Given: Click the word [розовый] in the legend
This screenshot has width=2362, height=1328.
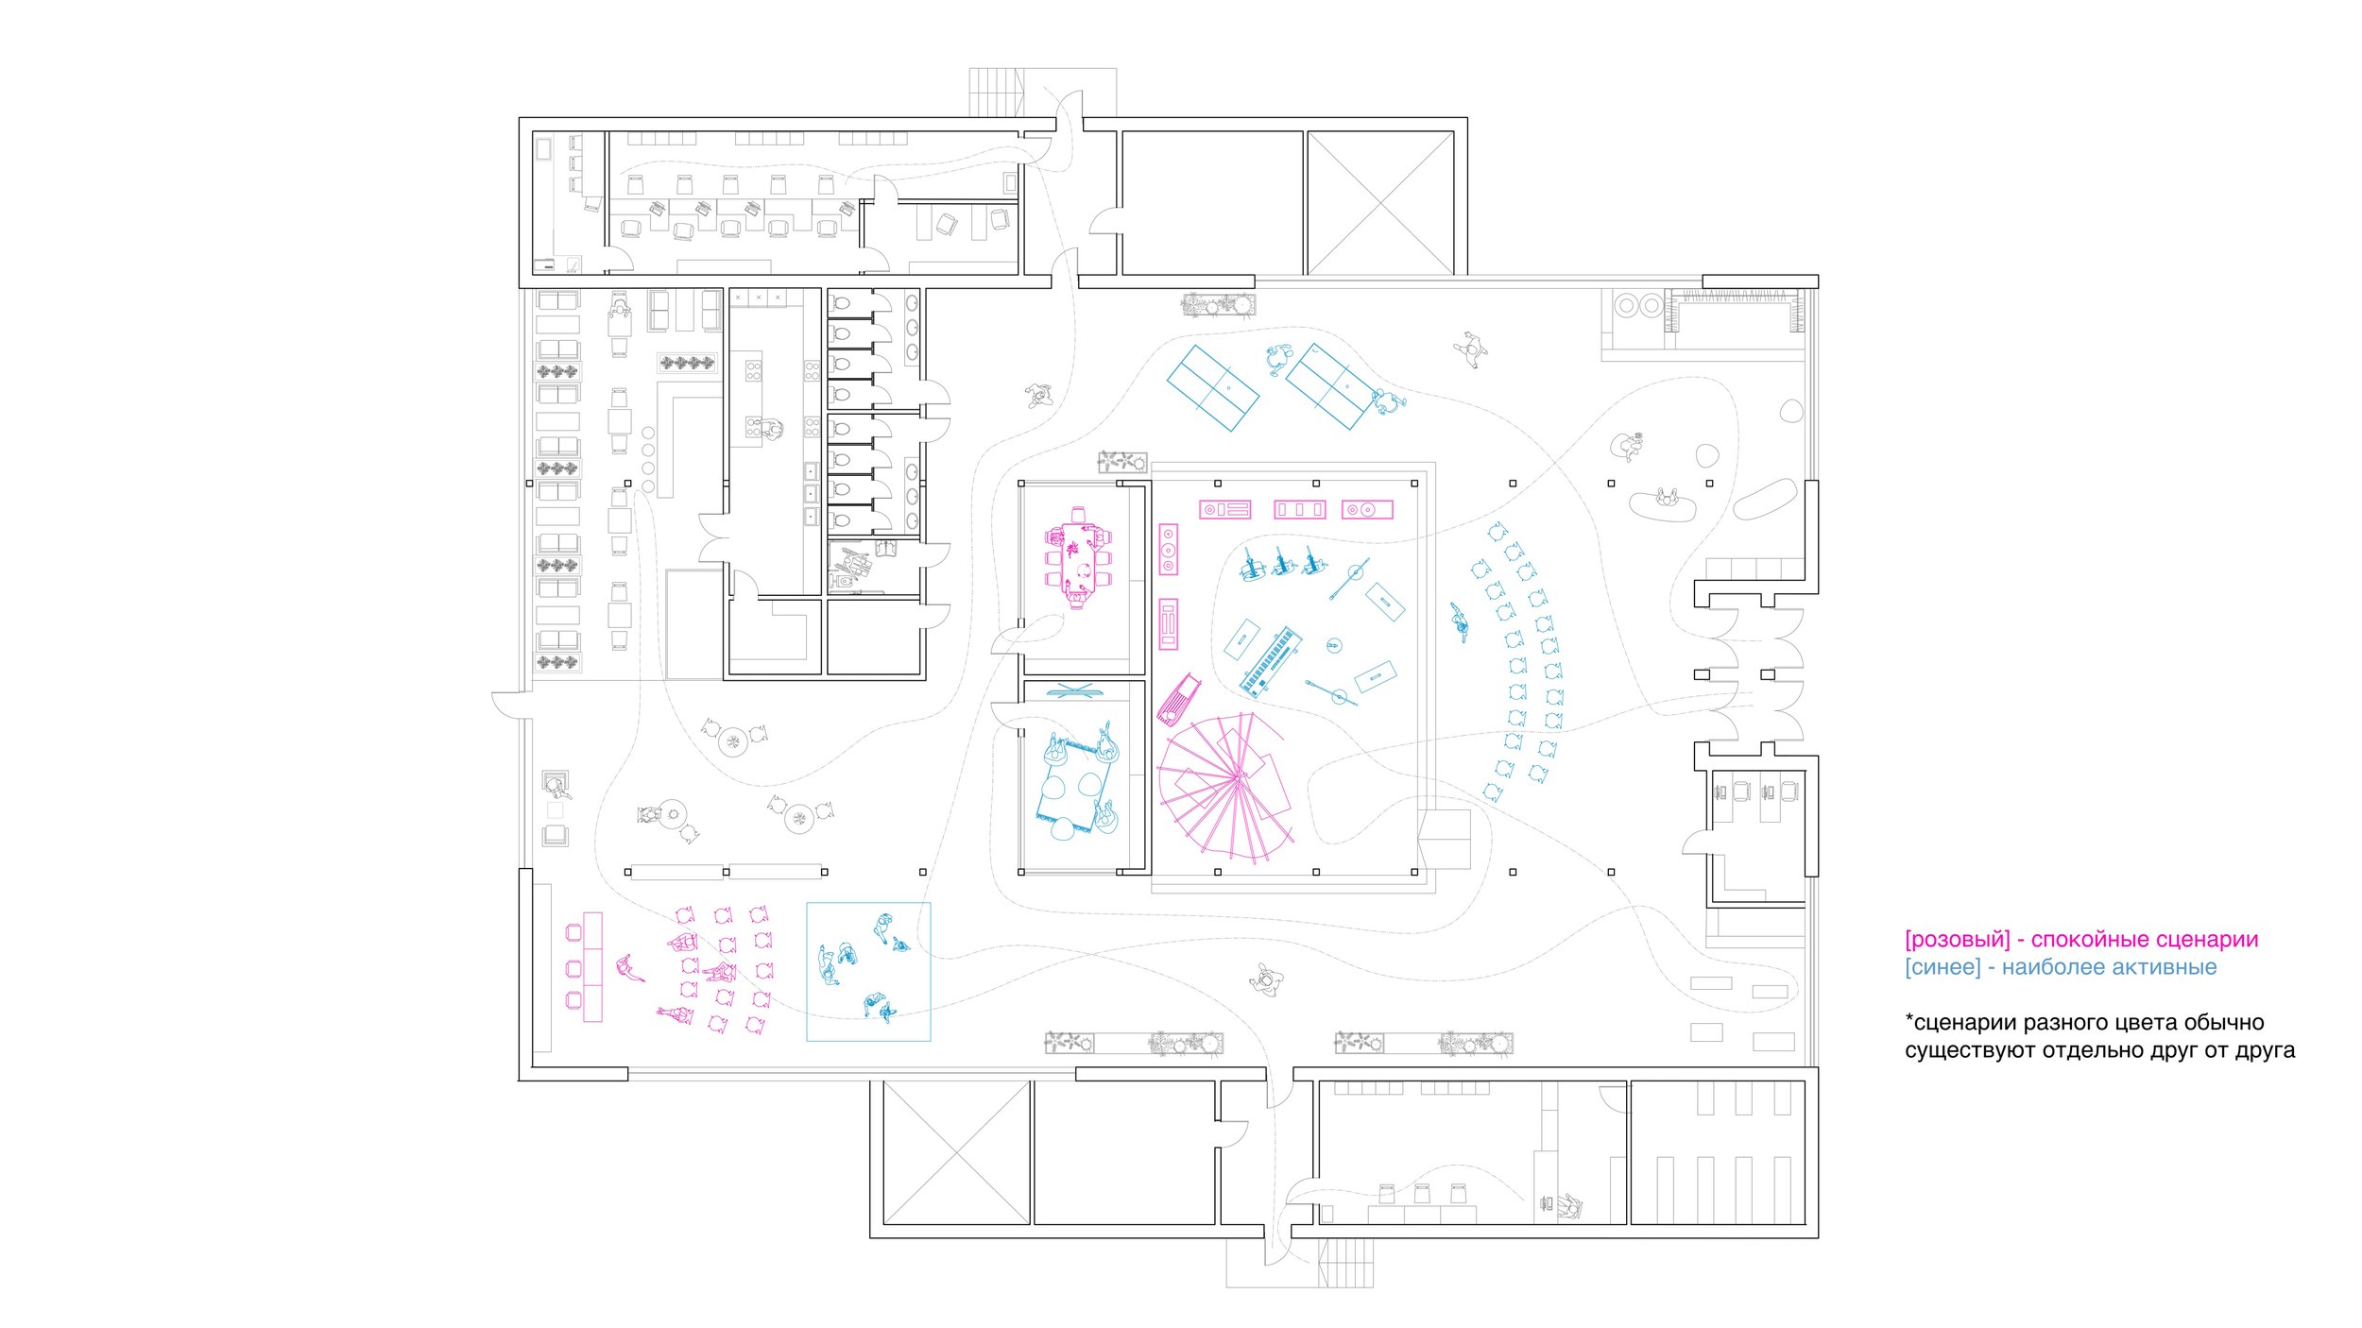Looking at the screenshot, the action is pyautogui.click(x=1957, y=940).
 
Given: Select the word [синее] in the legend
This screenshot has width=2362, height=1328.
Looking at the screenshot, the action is pyautogui.click(x=1943, y=967).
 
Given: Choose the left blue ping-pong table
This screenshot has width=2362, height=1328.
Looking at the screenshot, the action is pyautogui.click(x=1213, y=388).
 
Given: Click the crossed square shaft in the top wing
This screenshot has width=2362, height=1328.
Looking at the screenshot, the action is pyautogui.click(x=1380, y=203).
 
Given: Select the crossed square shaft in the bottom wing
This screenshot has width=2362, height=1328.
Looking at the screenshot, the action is pyautogui.click(x=956, y=1153).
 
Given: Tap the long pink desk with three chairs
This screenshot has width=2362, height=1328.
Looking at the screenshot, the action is pyautogui.click(x=592, y=966).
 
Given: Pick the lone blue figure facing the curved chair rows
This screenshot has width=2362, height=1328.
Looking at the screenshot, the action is pyautogui.click(x=1461, y=621).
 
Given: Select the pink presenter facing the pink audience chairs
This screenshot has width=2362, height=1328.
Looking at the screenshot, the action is pyautogui.click(x=627, y=968).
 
